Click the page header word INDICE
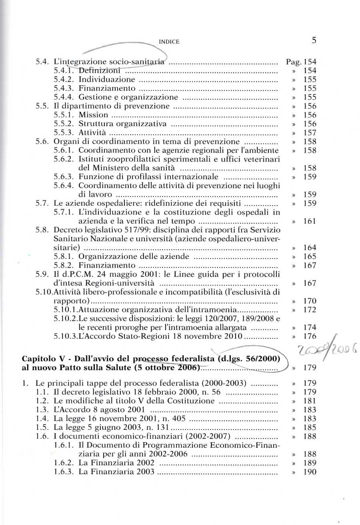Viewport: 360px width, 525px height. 169,42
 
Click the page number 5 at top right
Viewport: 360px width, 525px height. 314,40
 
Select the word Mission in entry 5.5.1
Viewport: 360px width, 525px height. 93,115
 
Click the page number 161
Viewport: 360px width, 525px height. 310,221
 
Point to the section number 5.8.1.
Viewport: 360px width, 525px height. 64,256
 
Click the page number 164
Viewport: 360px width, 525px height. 310,248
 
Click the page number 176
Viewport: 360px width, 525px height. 310,337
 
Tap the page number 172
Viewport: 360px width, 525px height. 310,310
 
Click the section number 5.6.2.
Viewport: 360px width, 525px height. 64,159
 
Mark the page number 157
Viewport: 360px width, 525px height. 310,132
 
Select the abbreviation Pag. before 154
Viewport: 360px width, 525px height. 294,62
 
